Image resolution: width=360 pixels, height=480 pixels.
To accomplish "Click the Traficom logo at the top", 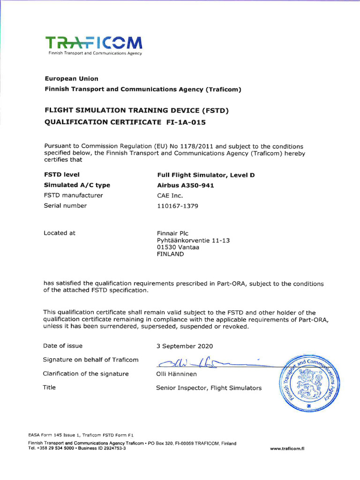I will pyautogui.click(x=94, y=45).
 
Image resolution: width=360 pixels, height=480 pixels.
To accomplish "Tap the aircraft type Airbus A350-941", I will pyautogui.click(x=185, y=185).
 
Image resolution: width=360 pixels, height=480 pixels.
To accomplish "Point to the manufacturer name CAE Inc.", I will pyautogui.click(x=170, y=195).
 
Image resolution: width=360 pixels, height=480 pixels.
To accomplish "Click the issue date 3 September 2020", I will pyautogui.click(x=184, y=346).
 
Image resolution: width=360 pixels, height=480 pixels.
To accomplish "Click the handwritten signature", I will pyautogui.click(x=206, y=361).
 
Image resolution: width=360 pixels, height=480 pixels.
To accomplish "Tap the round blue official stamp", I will pyautogui.click(x=310, y=381).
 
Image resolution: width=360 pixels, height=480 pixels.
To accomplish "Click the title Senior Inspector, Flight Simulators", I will pyautogui.click(x=209, y=388).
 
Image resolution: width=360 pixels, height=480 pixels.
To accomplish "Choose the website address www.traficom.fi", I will pyautogui.click(x=287, y=448).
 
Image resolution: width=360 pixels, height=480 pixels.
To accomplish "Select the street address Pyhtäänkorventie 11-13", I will pyautogui.click(x=193, y=240).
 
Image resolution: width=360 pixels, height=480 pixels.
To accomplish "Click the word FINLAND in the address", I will pyautogui.click(x=170, y=255).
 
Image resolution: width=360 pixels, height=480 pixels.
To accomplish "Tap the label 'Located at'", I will pyautogui.click(x=59, y=233).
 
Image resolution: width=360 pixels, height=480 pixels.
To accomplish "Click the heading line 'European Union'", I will pyautogui.click(x=71, y=79).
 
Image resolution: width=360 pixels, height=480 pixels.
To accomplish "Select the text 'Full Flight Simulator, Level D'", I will pyautogui.click(x=206, y=175).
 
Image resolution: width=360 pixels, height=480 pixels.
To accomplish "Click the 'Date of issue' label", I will pyautogui.click(x=63, y=346).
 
